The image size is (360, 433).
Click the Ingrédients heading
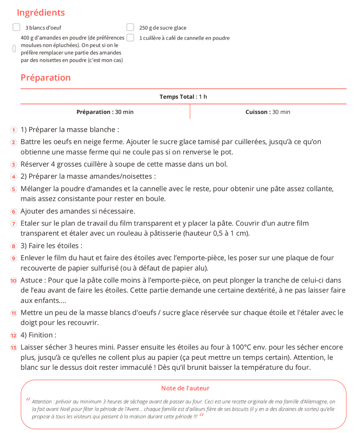pos(41,13)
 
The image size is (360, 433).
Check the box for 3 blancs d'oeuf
pos(16,27)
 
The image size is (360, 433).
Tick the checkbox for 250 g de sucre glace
pos(130,27)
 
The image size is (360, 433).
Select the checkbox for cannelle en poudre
pos(130,38)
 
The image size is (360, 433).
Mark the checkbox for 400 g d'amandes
pos(14,49)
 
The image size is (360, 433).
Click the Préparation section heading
pos(45,78)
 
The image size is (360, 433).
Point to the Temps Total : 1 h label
pos(183,97)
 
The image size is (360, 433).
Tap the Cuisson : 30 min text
pos(268,112)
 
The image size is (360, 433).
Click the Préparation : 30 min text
pos(105,112)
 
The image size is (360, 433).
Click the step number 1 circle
pos(13,130)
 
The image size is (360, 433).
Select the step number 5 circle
pos(13,189)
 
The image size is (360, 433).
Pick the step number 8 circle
pos(13,246)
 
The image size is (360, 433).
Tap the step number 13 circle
pos(13,348)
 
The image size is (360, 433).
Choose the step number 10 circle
pos(13,281)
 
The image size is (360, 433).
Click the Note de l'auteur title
pos(185,388)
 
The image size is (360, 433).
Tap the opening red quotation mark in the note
pos(28,399)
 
